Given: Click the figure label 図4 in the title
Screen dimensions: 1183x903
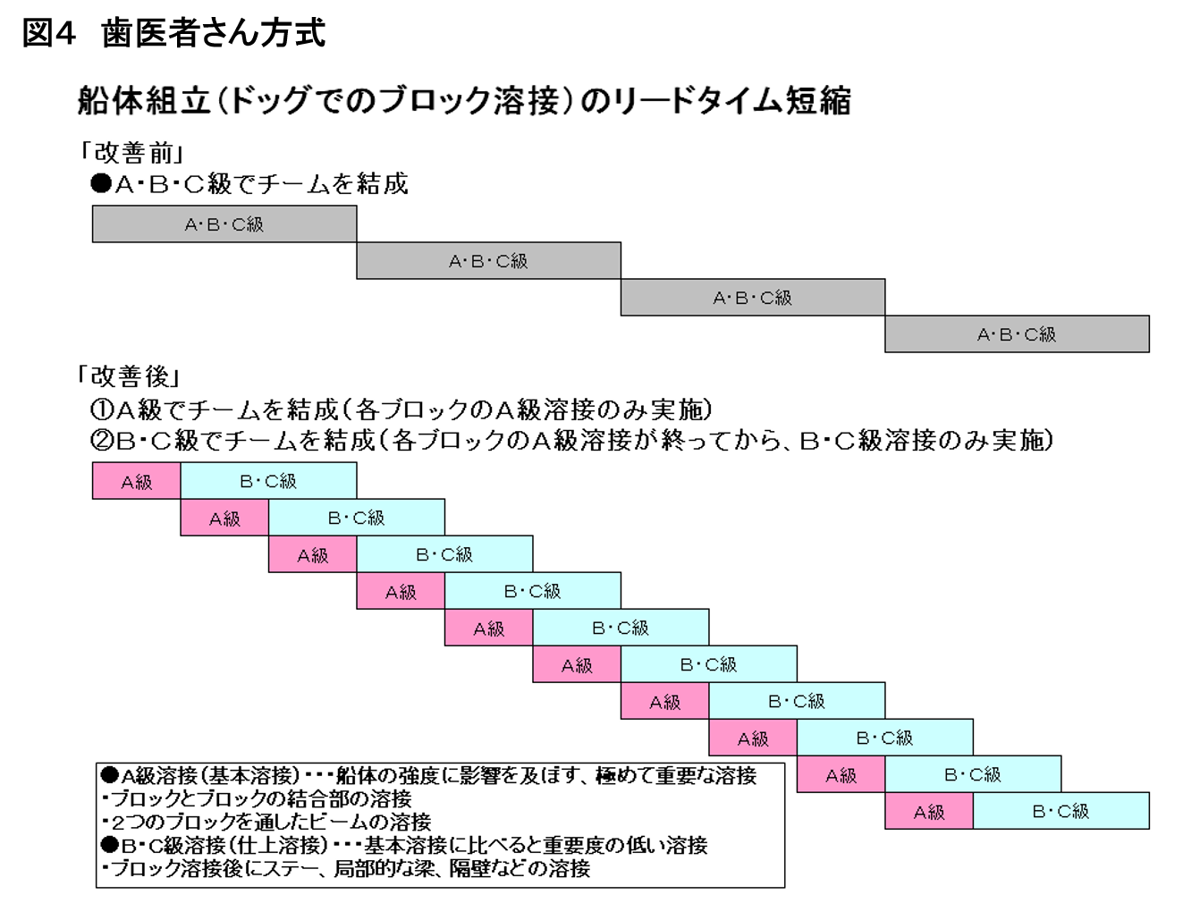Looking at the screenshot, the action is tap(47, 33).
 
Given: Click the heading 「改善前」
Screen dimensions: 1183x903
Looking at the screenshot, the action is tap(131, 153).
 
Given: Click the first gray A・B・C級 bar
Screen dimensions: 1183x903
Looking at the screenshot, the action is tap(224, 224).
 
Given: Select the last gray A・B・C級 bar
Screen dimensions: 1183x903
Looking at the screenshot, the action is tap(1017, 334).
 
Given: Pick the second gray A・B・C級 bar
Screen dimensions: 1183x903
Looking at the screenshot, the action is tap(489, 261).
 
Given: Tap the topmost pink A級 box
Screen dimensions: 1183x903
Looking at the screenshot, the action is tap(136, 481).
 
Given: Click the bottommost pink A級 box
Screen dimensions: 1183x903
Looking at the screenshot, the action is tap(929, 810).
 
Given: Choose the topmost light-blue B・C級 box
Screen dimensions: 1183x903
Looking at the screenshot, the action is tap(268, 481).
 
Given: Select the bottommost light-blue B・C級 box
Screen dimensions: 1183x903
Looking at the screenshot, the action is tap(1061, 810).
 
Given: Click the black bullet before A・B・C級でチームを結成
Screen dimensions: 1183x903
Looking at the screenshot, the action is tap(101, 183).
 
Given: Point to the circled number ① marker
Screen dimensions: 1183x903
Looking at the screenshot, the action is tap(101, 410).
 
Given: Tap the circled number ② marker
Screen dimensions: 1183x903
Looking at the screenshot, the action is tap(101, 441).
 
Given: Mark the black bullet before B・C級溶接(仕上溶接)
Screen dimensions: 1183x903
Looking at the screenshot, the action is tap(109, 845).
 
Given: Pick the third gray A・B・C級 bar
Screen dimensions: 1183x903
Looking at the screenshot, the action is tap(753, 298).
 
